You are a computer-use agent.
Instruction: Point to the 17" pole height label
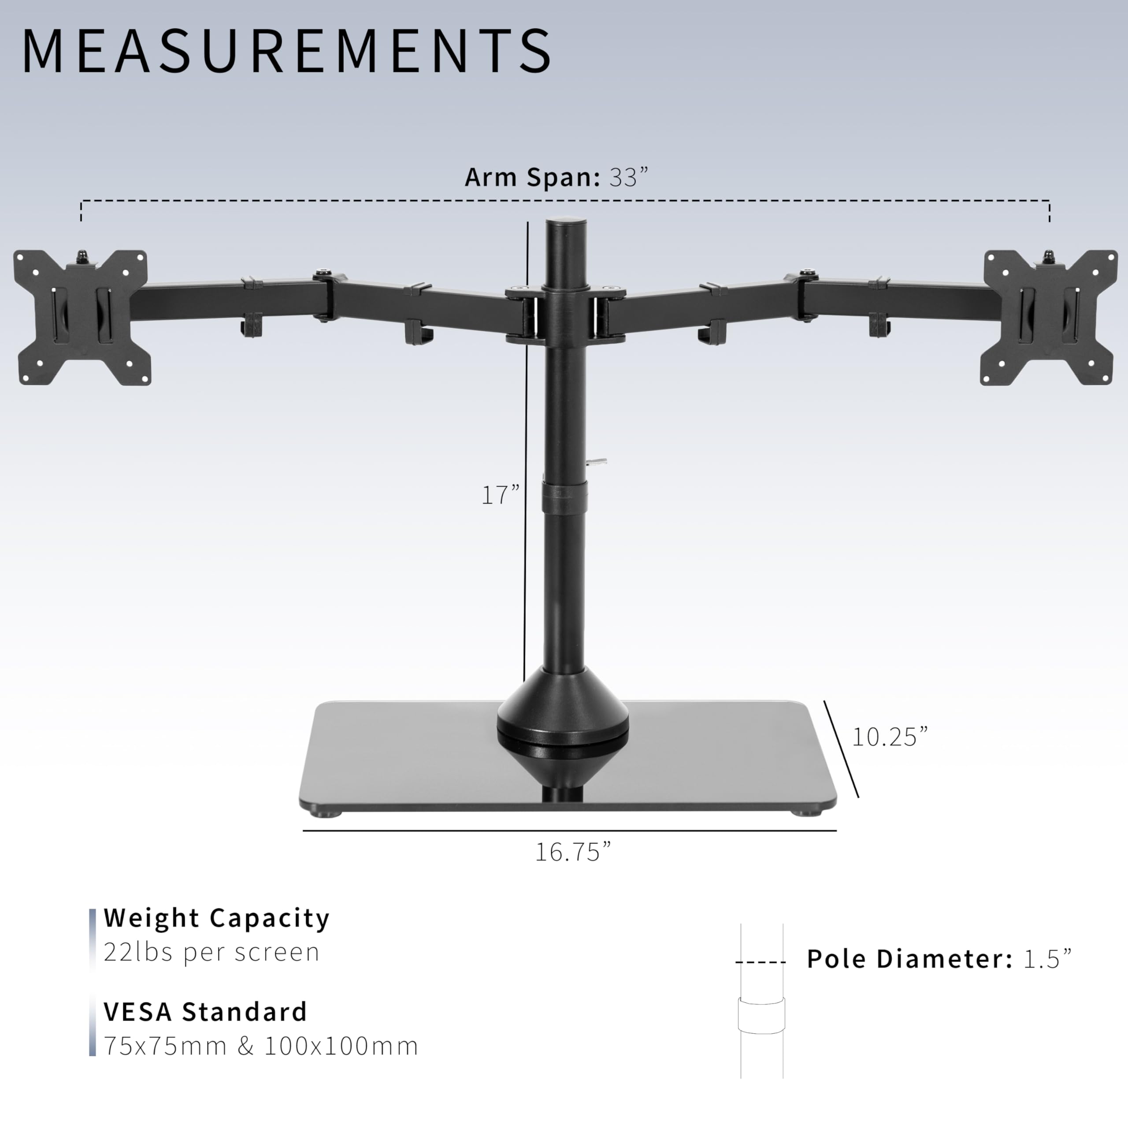coord(500,495)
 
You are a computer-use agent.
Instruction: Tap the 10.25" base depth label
coord(889,737)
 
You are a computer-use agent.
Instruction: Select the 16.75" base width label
coord(573,852)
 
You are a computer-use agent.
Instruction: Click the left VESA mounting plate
coord(82,318)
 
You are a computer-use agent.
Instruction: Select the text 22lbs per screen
coord(211,952)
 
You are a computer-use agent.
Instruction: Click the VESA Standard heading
coord(205,1012)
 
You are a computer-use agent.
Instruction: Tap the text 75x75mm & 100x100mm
coord(261,1046)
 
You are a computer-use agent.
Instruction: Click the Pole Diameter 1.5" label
coord(939,959)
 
